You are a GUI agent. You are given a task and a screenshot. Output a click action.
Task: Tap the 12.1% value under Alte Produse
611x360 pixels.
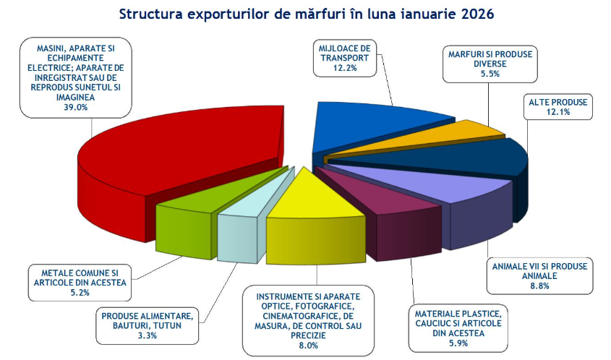click(557, 112)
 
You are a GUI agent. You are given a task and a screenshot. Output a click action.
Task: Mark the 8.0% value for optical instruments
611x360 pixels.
click(308, 346)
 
